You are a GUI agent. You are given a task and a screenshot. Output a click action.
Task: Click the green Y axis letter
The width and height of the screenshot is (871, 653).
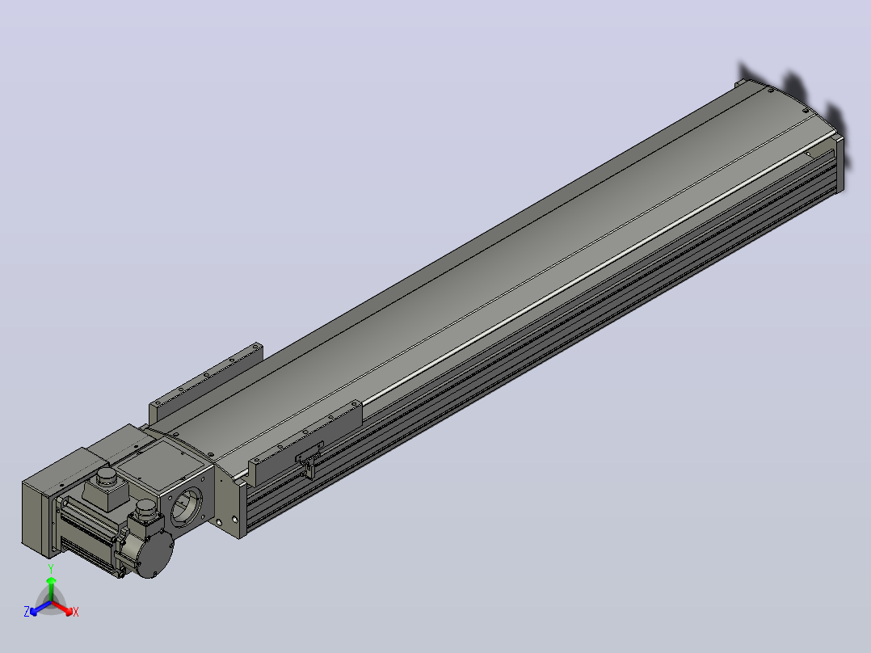coord(51,568)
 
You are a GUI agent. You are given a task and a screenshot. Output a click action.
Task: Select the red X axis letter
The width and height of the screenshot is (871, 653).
coord(76,612)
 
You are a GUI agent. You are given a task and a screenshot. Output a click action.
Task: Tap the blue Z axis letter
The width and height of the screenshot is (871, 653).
coord(26,612)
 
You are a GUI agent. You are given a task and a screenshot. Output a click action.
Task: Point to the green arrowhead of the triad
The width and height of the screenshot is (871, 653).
coord(51,581)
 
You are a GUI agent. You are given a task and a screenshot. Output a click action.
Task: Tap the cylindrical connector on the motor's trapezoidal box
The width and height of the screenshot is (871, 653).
coord(106,477)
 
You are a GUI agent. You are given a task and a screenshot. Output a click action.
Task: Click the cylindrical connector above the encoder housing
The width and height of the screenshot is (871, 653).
coord(147,508)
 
